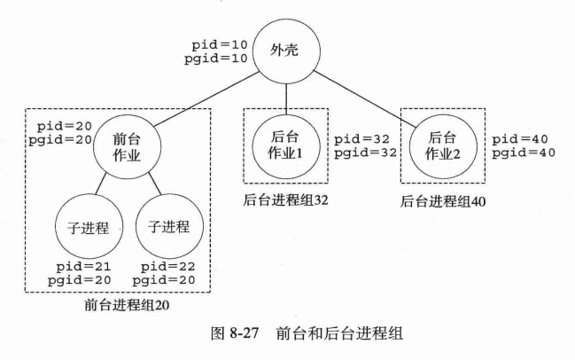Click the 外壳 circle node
284,49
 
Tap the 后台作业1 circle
285,140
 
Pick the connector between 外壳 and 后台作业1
285,93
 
